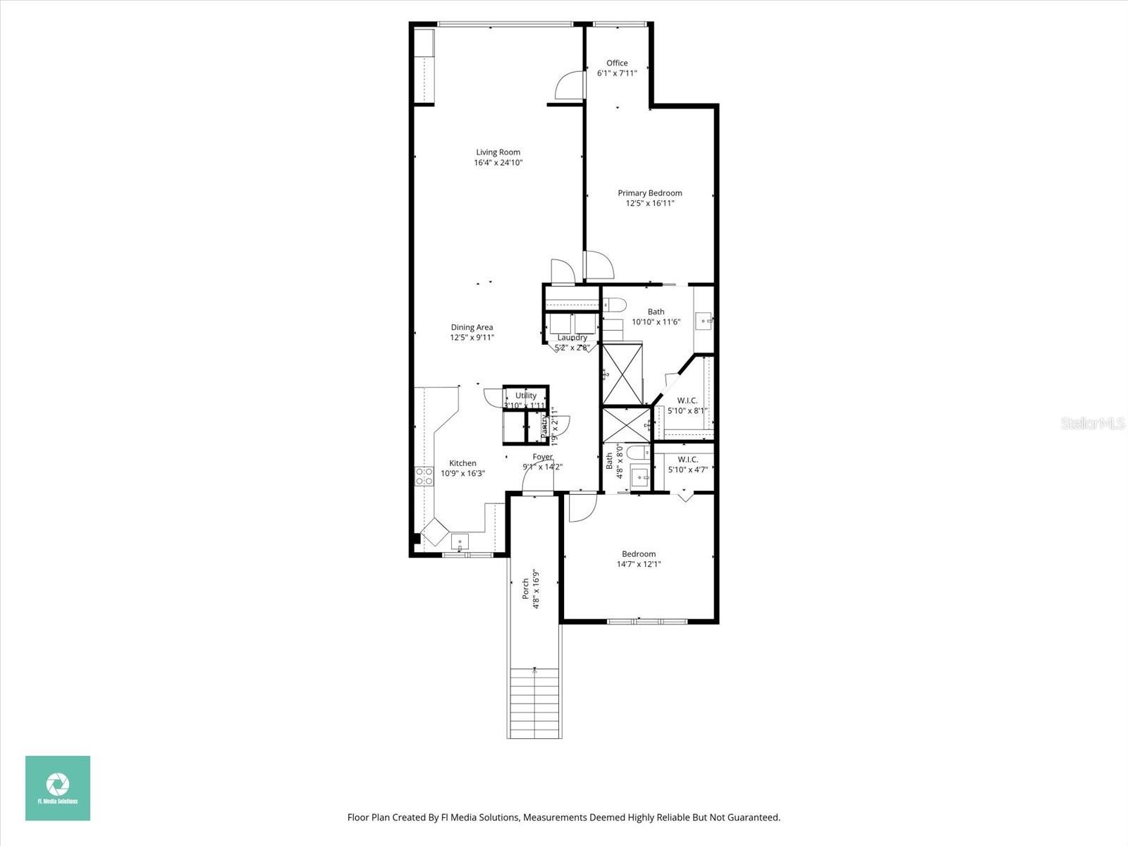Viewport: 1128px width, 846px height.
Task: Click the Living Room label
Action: (498, 152)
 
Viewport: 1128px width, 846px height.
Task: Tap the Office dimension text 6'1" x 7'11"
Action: (617, 73)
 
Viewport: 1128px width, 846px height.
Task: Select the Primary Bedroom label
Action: (650, 193)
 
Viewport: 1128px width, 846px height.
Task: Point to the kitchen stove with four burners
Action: (424, 476)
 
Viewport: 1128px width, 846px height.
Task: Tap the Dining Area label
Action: (472, 327)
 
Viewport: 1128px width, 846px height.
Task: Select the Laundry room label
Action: (572, 338)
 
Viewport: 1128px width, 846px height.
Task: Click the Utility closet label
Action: (525, 396)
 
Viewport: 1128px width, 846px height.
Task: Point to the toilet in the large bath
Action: (615, 305)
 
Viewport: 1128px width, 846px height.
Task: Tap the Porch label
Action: (525, 589)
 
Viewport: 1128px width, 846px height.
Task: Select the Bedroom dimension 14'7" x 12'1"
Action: (639, 564)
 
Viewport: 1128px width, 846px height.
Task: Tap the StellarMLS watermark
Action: (1093, 423)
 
